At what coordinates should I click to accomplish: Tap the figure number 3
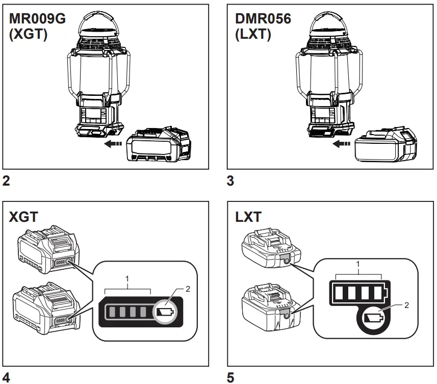pos(230,181)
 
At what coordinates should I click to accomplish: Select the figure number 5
pos(230,377)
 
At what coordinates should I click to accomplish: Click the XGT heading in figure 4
pos(23,218)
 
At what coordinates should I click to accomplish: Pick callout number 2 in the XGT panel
pos(187,289)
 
